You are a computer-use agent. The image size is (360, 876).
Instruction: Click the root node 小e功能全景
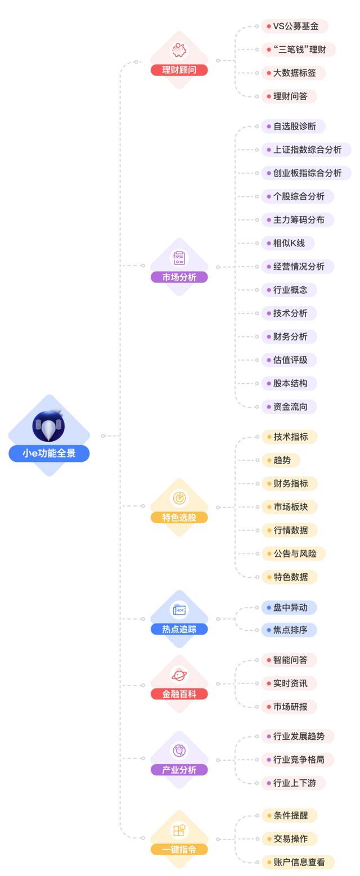click(49, 453)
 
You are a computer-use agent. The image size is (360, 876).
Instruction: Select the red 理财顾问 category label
click(179, 70)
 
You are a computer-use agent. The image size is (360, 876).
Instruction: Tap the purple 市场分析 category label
click(179, 277)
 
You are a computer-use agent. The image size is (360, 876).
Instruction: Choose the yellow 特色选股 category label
click(179, 517)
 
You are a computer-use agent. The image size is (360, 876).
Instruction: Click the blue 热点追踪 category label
click(179, 629)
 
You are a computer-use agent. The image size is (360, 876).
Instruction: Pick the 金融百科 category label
click(179, 694)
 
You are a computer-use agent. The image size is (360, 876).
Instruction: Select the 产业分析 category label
click(179, 770)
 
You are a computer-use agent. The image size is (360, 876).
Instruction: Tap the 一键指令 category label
click(179, 849)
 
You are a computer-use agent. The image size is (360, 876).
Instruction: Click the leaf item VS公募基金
click(295, 26)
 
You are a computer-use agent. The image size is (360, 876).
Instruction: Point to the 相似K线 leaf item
click(288, 243)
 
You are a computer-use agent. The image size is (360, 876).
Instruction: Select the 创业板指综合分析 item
click(307, 173)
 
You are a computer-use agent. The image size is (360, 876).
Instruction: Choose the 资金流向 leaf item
click(290, 406)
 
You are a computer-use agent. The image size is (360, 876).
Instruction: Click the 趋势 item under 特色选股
click(281, 460)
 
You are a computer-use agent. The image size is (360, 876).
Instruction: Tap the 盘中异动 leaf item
click(290, 607)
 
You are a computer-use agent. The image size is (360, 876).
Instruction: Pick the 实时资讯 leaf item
click(290, 683)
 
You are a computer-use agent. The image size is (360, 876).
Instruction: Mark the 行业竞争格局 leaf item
click(298, 760)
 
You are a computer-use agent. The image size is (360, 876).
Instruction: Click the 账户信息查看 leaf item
click(298, 861)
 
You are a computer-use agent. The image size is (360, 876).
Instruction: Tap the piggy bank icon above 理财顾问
click(179, 50)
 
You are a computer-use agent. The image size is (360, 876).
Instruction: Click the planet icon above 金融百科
click(179, 675)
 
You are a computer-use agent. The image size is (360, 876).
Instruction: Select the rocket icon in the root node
click(49, 426)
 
